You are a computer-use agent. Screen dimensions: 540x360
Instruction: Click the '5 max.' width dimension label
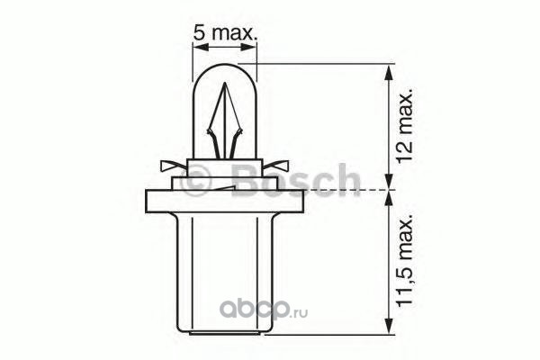[225, 32]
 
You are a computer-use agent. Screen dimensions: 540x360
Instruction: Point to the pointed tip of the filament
[225, 84]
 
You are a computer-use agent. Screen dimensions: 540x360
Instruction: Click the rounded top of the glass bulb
[224, 65]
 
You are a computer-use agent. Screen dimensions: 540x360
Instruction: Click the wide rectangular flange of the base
[225, 202]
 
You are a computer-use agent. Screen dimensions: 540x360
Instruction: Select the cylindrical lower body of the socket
[225, 274]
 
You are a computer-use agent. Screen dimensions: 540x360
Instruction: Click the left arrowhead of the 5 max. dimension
[201, 47]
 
